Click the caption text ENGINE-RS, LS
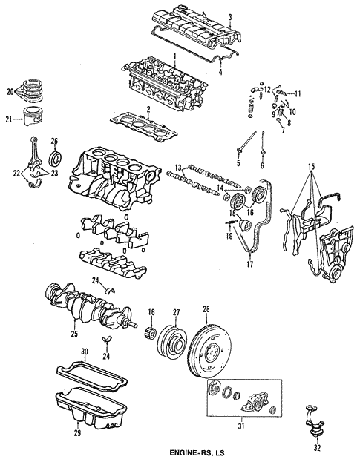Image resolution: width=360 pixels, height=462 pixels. pyautogui.click(x=180, y=452)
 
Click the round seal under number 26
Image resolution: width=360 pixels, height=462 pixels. pyautogui.click(x=56, y=159)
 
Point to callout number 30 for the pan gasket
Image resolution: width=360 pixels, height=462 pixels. pyautogui.click(x=85, y=351)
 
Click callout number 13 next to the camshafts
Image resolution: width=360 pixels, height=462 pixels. pyautogui.click(x=179, y=166)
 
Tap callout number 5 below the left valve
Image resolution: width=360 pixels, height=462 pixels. pyautogui.click(x=238, y=163)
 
